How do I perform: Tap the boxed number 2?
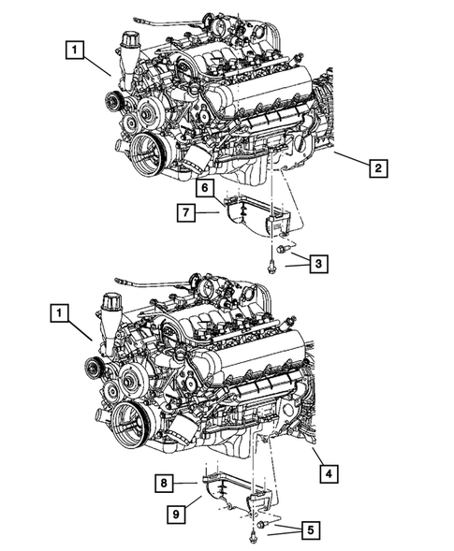click(x=377, y=169)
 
